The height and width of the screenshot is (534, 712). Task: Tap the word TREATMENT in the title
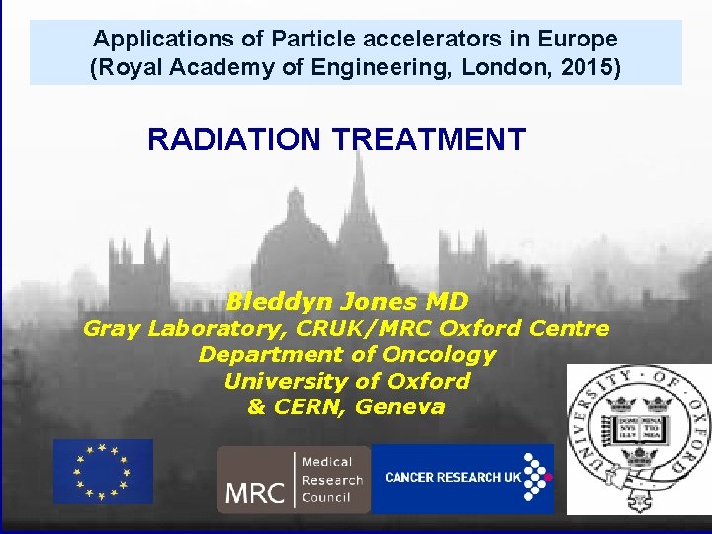click(429, 139)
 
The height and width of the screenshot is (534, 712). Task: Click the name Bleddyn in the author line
click(280, 301)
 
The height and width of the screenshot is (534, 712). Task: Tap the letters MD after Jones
click(446, 301)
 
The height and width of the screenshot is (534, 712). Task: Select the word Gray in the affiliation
click(112, 329)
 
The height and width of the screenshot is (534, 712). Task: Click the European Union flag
click(103, 472)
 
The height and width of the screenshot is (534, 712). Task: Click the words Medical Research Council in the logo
click(331, 480)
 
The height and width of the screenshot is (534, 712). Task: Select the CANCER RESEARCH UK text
click(453, 478)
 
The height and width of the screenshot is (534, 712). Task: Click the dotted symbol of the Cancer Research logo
click(536, 478)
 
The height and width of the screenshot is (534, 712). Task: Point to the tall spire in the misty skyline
click(357, 198)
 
